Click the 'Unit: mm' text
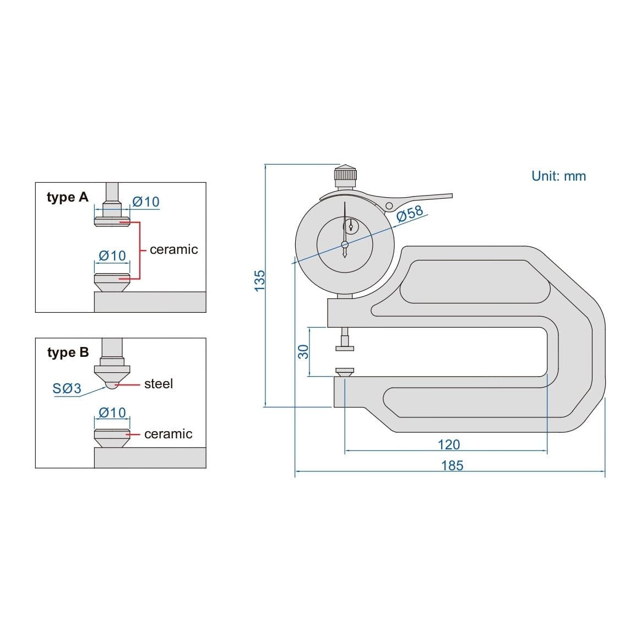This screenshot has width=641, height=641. (558, 176)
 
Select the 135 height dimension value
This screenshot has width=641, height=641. (259, 281)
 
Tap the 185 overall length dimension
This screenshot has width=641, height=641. (452, 466)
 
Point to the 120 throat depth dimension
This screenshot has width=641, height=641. (449, 445)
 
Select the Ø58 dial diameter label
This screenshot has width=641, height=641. (410, 214)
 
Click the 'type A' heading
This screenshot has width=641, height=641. (67, 197)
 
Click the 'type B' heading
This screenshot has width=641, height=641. (68, 352)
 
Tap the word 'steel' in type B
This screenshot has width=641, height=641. (159, 384)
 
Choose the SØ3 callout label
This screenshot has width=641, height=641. (67, 389)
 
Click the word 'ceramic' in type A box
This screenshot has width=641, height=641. (173, 249)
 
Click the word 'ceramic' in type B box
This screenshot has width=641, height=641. (168, 434)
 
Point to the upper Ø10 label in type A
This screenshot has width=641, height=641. (146, 202)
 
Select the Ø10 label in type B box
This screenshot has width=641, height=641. (112, 412)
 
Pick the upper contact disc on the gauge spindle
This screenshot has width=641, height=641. (345, 347)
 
